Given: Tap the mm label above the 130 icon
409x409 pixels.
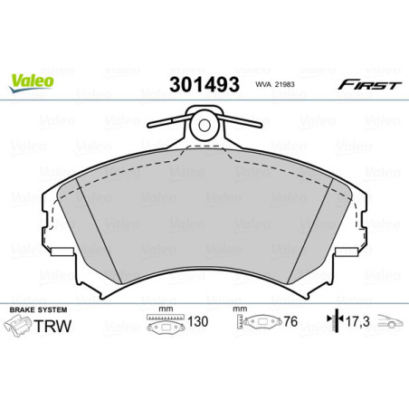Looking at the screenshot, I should [164, 310].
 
